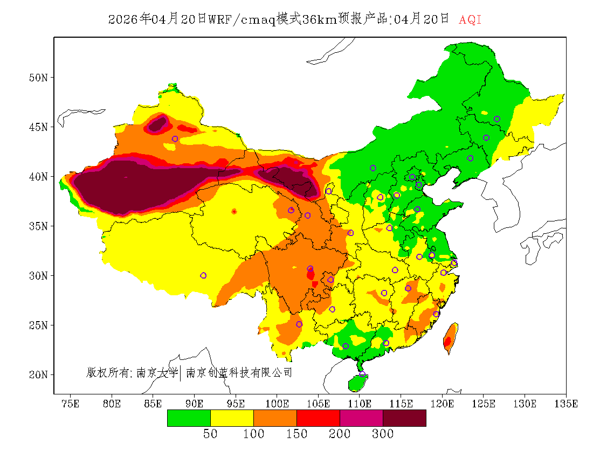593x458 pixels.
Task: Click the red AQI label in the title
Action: click(470, 19)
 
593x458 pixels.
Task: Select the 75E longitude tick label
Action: click(70, 404)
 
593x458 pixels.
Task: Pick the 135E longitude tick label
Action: click(567, 404)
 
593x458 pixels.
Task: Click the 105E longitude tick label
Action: click(318, 404)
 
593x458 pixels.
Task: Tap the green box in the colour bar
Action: click(189, 418)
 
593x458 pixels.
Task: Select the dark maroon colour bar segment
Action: click(404, 418)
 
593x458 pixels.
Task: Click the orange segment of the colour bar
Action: click(275, 418)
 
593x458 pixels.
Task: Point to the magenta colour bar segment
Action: click(361, 418)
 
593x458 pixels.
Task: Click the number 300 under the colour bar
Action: click(383, 434)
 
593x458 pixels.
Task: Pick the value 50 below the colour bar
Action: click(210, 434)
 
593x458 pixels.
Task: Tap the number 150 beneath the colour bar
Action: click(296, 434)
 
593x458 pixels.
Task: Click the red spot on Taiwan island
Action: click(447, 341)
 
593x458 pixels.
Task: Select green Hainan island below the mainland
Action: click(357, 383)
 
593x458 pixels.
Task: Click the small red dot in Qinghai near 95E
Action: click(234, 212)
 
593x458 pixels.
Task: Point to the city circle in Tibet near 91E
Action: click(203, 275)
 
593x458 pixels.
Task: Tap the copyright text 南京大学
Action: click(157, 372)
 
